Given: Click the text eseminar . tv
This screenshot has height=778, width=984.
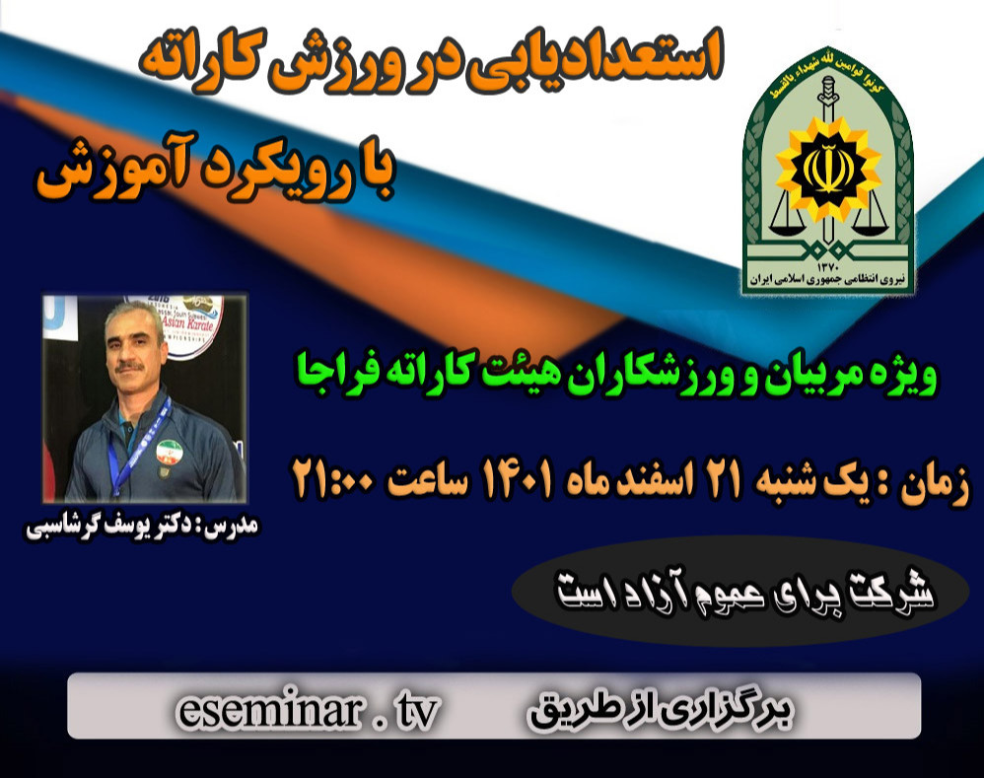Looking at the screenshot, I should point(307,709).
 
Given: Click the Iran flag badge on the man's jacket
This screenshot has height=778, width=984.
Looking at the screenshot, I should point(169,453).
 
